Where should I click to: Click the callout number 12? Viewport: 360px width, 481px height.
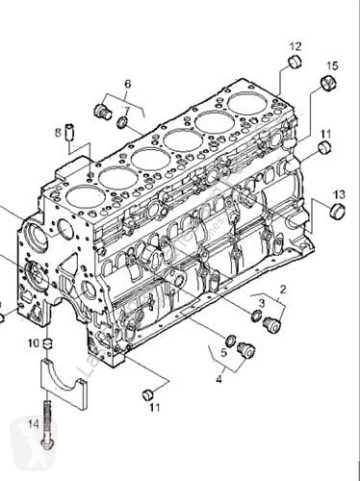click(294, 46)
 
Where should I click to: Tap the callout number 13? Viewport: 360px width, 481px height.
click(339, 193)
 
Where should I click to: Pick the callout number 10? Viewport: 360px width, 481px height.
click(32, 343)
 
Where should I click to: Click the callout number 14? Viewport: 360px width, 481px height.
click(33, 424)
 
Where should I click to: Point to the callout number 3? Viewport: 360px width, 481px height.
click(261, 301)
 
